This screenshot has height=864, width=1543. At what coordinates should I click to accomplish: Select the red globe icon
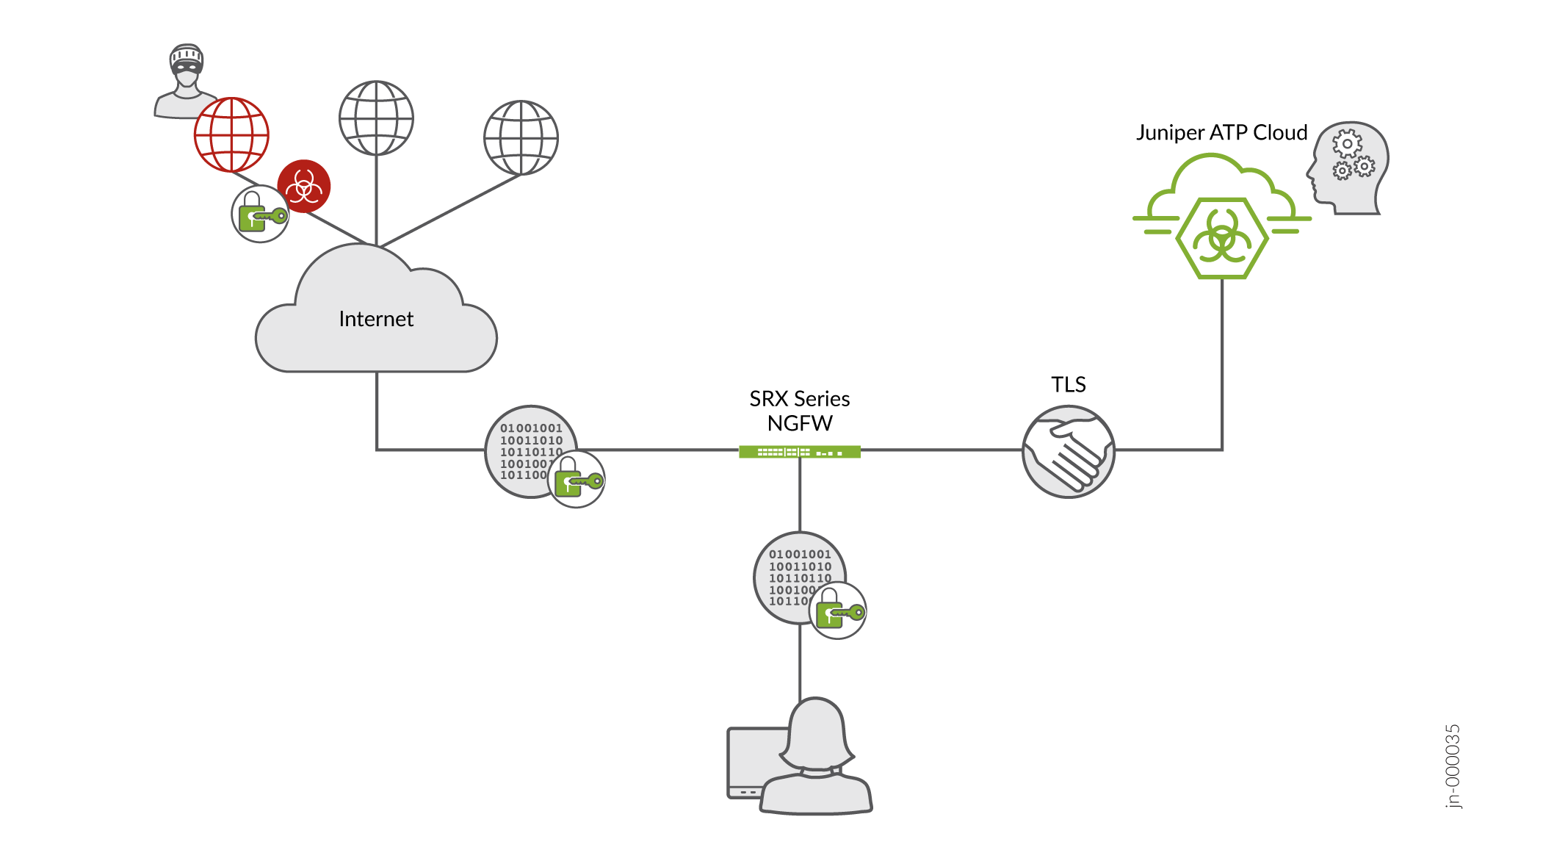tap(231, 135)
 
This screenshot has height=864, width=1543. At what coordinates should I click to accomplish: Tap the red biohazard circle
tap(304, 186)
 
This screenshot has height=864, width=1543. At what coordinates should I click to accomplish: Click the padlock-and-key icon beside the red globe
tap(260, 214)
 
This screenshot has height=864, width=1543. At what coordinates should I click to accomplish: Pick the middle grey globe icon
tap(376, 118)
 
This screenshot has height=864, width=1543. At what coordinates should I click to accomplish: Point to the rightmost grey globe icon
tap(521, 137)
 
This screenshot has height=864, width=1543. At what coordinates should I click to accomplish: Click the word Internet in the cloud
tap(376, 319)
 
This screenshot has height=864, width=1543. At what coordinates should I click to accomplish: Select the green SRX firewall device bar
tap(799, 452)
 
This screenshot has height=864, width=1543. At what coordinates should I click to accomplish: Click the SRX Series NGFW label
tap(799, 411)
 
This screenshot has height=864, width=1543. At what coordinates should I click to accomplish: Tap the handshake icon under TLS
tap(1068, 452)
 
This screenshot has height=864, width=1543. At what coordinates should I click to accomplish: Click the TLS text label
tap(1068, 384)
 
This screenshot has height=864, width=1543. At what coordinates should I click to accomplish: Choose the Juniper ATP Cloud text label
tap(1221, 133)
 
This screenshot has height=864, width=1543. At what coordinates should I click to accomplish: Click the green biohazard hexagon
tap(1221, 238)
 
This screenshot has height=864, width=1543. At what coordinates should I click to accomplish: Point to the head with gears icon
tap(1348, 168)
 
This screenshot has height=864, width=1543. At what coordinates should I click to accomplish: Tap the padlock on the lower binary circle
tap(838, 611)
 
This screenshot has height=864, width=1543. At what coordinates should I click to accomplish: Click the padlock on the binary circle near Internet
tap(577, 480)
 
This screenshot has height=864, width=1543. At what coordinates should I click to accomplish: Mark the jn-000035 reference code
tap(1453, 766)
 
